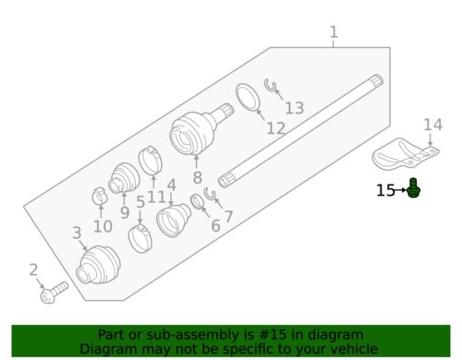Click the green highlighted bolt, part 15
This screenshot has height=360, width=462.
pyautogui.click(x=415, y=189)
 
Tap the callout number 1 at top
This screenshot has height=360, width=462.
pyautogui.click(x=334, y=35)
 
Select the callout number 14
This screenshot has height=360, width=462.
pyautogui.click(x=433, y=125)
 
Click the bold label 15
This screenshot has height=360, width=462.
pyautogui.click(x=385, y=191)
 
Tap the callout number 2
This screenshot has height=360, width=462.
pyautogui.click(x=34, y=270)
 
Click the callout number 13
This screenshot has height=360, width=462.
pyautogui.click(x=293, y=109)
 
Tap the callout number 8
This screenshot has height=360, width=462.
pyautogui.click(x=197, y=177)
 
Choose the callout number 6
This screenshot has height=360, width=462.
pyautogui.click(x=215, y=225)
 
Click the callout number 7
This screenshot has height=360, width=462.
pyautogui.click(x=228, y=218)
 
